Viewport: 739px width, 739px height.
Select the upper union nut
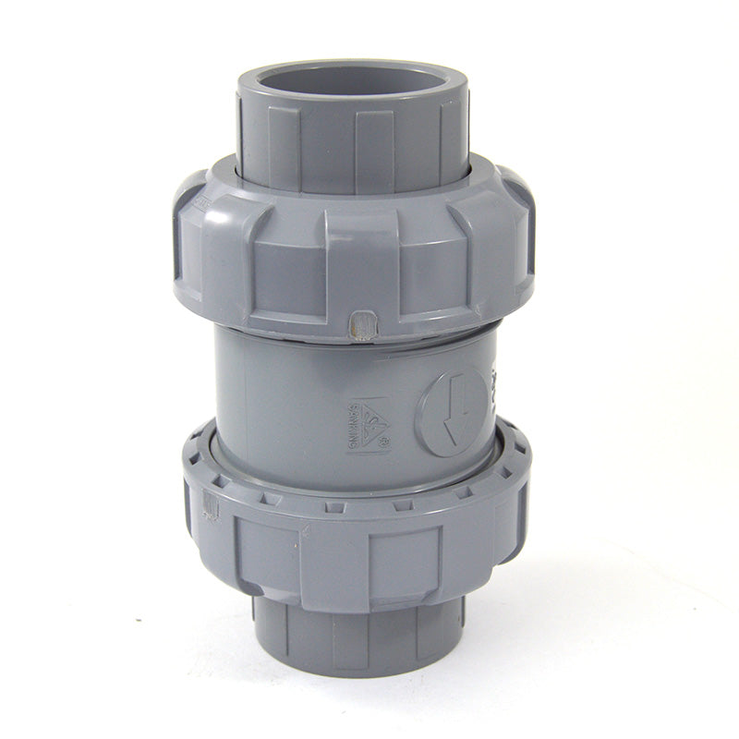click(351, 249)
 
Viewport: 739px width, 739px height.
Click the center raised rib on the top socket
click(375, 139)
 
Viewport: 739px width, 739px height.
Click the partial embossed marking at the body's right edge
click(492, 388)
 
